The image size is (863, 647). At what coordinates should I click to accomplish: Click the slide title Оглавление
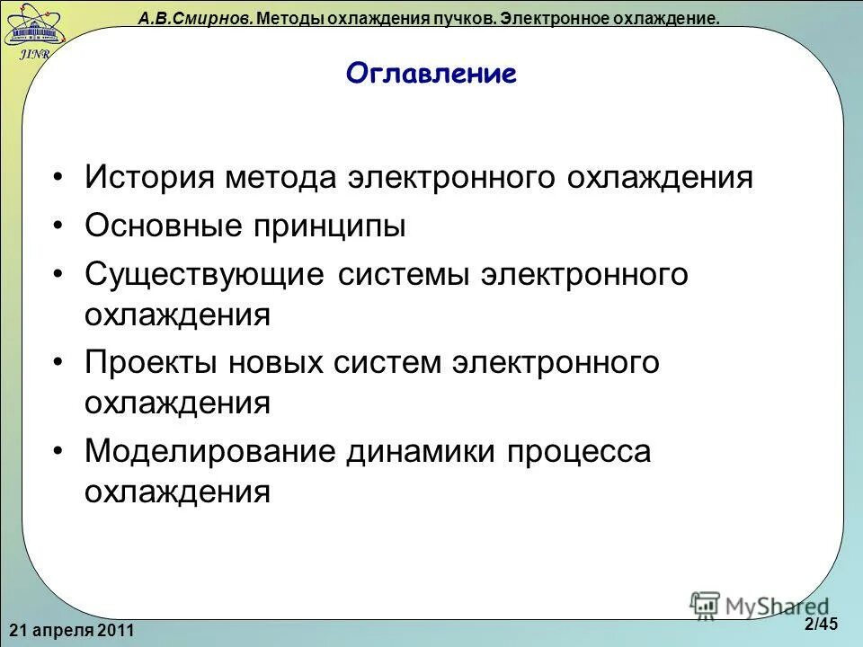pos(431,74)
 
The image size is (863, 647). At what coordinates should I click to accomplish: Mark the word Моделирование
pos(209,452)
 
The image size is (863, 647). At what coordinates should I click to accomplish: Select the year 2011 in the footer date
pos(116,631)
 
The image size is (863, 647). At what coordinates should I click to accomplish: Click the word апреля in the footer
pos(62,631)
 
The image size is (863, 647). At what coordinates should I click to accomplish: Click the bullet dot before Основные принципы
pos(58,226)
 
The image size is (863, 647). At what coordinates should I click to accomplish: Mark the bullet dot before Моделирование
pos(58,452)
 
